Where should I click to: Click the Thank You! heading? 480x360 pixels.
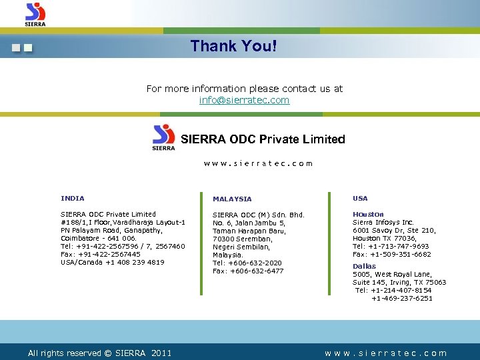(233, 46)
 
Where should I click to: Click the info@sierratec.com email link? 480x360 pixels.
(244, 100)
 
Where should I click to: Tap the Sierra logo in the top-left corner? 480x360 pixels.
(35, 14)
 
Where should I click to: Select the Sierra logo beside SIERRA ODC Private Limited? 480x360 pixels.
(164, 137)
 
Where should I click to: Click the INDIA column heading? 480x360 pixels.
(73, 198)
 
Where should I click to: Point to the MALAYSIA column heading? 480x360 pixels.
(232, 199)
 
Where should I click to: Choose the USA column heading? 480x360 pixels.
(360, 198)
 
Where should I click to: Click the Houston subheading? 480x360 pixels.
(368, 214)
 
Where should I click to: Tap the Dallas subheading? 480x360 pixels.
(364, 266)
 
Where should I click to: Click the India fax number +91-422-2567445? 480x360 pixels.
(101, 254)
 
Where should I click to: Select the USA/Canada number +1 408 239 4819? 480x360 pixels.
(113, 262)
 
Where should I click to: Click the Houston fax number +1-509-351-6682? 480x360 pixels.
(392, 254)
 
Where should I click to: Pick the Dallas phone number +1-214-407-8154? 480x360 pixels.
(394, 290)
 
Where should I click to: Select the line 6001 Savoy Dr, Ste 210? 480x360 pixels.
(394, 230)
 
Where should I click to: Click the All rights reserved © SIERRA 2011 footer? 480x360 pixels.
(99, 353)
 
